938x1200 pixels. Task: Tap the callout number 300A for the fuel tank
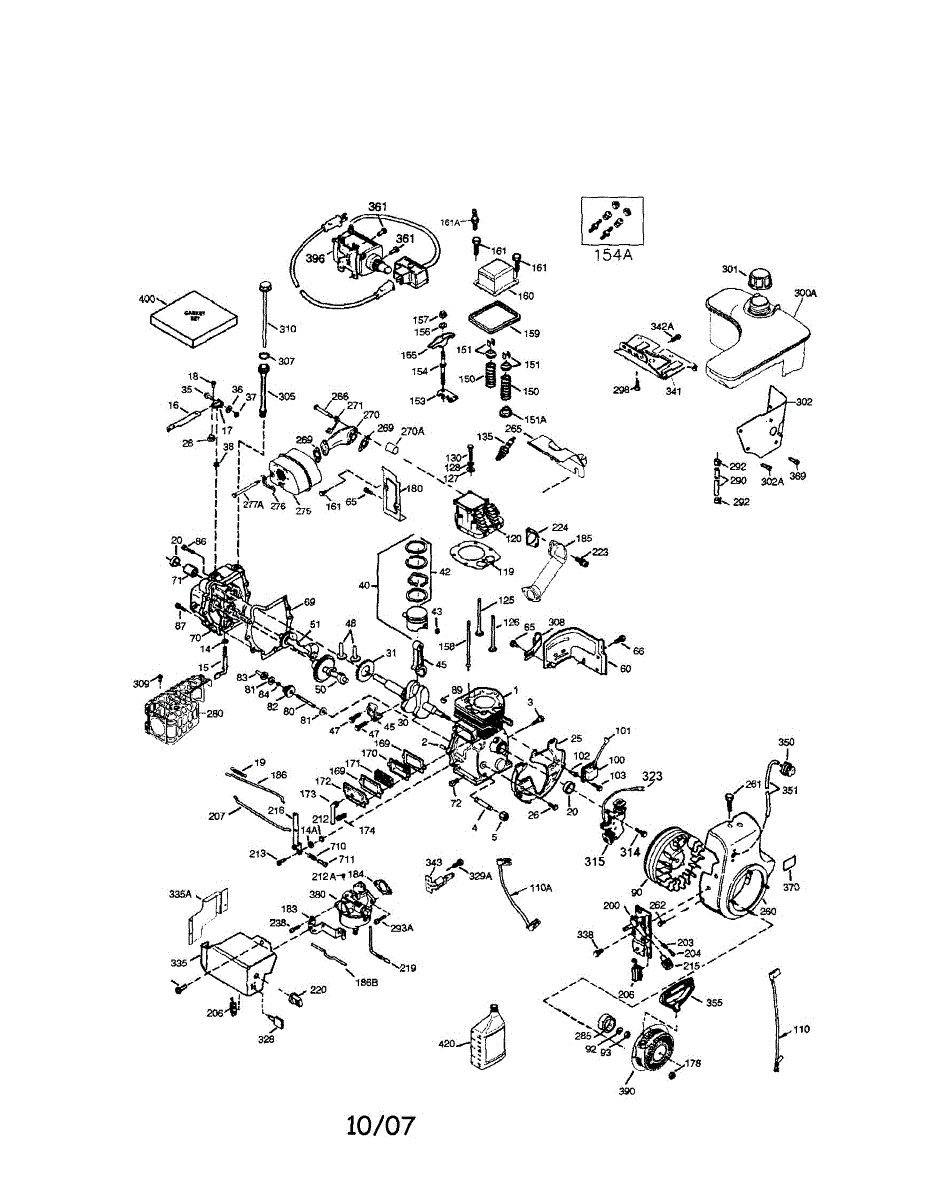[x=805, y=293]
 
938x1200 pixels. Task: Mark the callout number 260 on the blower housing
[x=768, y=912]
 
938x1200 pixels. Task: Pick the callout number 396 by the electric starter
[x=315, y=258]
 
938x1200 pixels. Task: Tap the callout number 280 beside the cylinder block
[x=214, y=714]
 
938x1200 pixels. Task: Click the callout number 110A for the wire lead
[x=541, y=887]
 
